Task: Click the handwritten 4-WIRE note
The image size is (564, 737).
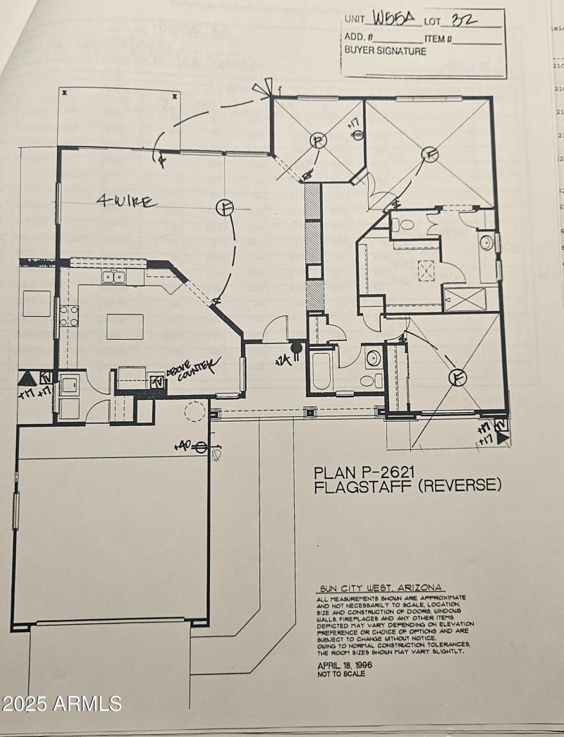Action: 127,202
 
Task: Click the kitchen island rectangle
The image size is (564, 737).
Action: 125,327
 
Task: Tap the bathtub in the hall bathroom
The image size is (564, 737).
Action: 321,371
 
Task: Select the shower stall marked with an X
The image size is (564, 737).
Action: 464,299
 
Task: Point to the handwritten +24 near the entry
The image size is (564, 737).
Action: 282,360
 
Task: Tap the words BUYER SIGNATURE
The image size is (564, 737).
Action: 385,51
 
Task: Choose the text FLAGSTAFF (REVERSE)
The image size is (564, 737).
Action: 407,486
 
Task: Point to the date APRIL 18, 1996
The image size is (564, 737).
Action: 345,664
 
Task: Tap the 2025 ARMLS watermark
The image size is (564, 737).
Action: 62,703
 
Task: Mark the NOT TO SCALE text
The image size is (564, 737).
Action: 341,674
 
